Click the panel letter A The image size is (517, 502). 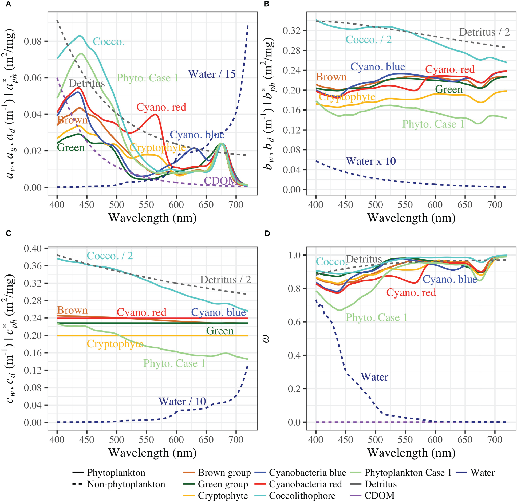9,4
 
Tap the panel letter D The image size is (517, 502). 267,233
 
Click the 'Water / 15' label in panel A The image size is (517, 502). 212,74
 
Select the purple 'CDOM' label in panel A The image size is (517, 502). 220,181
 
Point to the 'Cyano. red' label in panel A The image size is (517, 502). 161,107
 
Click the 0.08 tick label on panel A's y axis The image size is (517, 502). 33,41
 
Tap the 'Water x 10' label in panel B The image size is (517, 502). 371,161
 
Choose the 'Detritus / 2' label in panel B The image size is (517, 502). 484,32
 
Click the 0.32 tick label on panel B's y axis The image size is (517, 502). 292,31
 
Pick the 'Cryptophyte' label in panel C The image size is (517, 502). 115,344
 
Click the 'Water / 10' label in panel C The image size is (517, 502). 182,402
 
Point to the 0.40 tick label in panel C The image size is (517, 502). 33,249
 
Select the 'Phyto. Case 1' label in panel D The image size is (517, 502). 377,317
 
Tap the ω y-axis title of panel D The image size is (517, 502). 266,339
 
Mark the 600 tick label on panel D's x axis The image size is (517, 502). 435,440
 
